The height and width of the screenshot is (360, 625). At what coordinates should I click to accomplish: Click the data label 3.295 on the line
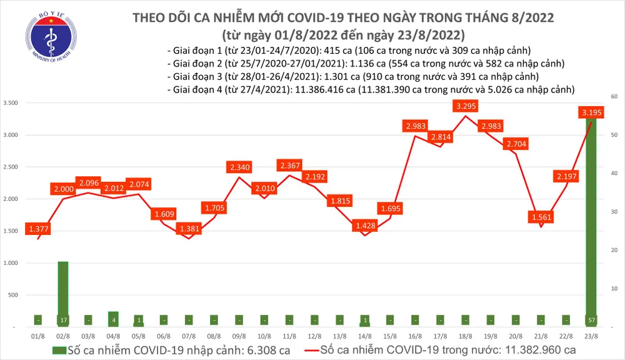coord(467,106)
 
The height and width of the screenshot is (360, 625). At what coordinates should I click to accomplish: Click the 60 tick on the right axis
coord(614,97)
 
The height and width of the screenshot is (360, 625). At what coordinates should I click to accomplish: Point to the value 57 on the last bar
coord(591,319)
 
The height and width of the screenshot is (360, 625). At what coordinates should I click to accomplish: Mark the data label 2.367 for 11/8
coord(289,166)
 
